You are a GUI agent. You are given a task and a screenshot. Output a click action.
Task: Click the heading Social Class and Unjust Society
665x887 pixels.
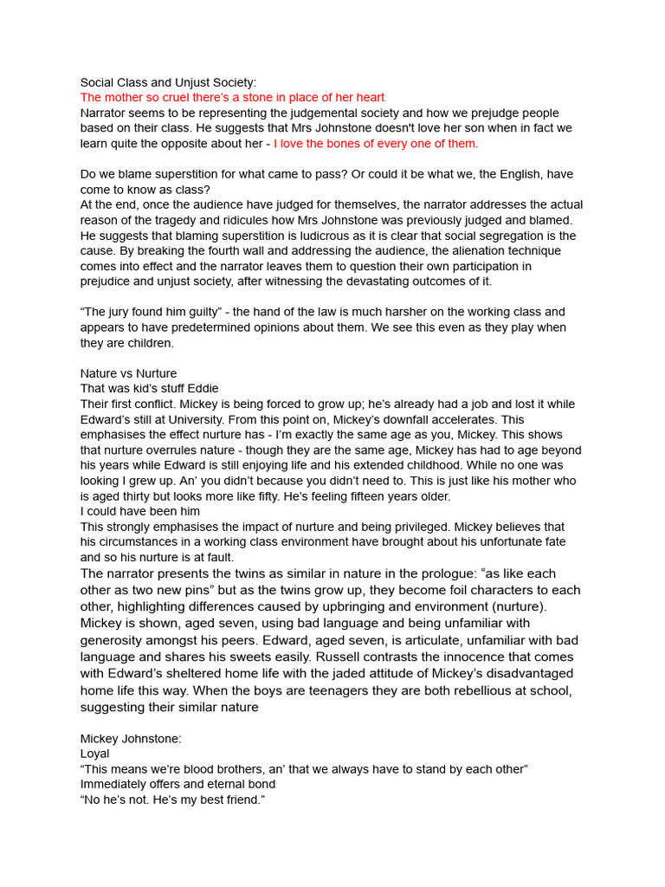[168, 82]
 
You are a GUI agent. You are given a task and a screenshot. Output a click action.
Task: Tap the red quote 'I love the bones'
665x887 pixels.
[376, 144]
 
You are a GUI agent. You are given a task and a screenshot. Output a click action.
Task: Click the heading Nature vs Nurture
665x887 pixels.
[128, 373]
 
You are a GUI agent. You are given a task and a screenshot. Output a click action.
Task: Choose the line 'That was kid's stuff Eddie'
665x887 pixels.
[149, 388]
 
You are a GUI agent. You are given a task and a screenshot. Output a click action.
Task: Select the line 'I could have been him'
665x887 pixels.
[140, 511]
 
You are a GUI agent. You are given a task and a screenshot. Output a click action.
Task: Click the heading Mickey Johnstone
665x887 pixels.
[131, 739]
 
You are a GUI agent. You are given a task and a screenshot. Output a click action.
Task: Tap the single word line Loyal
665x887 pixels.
[95, 754]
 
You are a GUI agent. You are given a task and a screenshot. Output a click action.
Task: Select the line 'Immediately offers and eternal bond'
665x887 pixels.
[178, 785]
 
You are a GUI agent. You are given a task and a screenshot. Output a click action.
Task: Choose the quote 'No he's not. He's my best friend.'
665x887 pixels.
[171, 800]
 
